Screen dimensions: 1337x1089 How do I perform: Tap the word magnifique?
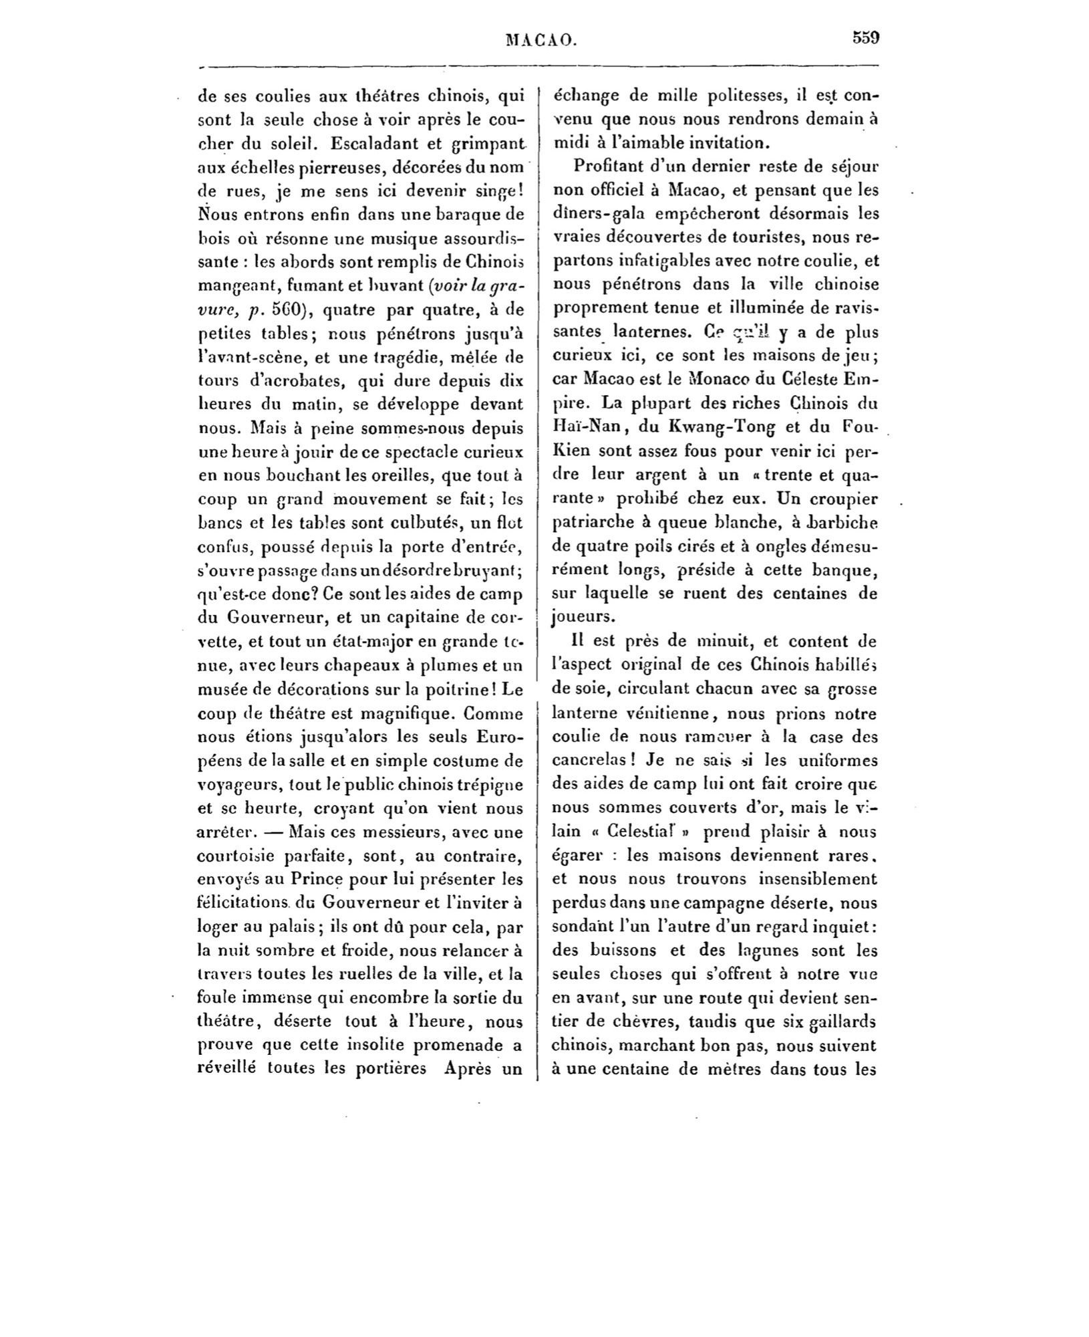coord(397,713)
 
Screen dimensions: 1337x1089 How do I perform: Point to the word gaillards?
coord(842,1022)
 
